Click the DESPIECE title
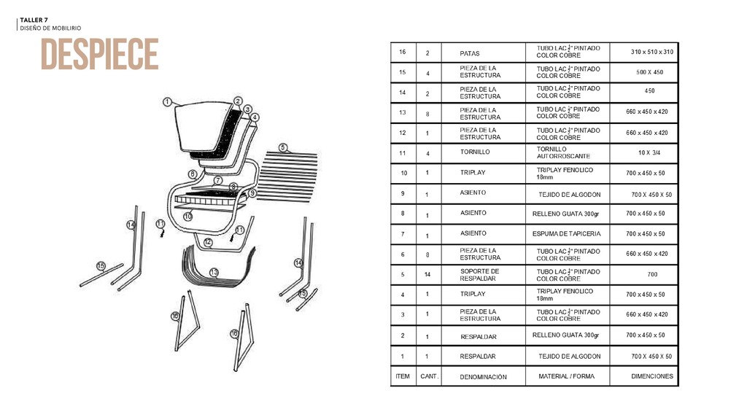(99, 54)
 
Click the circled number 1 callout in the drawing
(167, 102)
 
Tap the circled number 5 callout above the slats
(283, 148)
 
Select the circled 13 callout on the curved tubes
(214, 272)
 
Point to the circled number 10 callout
(187, 217)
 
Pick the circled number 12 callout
(208, 242)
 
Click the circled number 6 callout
(192, 174)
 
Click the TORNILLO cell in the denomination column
(475, 152)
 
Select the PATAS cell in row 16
(470, 53)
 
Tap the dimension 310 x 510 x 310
(652, 52)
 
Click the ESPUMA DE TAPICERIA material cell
(567, 234)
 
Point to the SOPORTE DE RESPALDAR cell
(479, 275)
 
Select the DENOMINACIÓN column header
(483, 377)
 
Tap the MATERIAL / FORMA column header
(566, 376)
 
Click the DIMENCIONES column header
(651, 376)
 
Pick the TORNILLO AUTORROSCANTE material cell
(563, 152)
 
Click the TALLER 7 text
(34, 20)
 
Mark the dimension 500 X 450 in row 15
(649, 72)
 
